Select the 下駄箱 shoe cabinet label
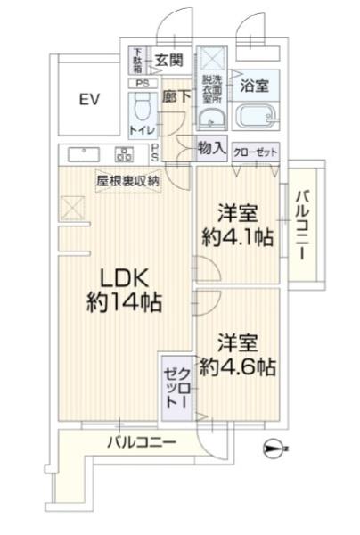pyautogui.click(x=137, y=61)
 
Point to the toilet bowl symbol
pyautogui.click(x=140, y=108)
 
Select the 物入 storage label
pyautogui.click(x=211, y=149)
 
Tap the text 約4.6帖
pyautogui.click(x=237, y=366)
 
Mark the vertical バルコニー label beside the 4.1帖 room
pyautogui.click(x=303, y=224)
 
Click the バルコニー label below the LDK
pyautogui.click(x=143, y=442)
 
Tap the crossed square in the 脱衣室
pyautogui.click(x=210, y=62)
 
